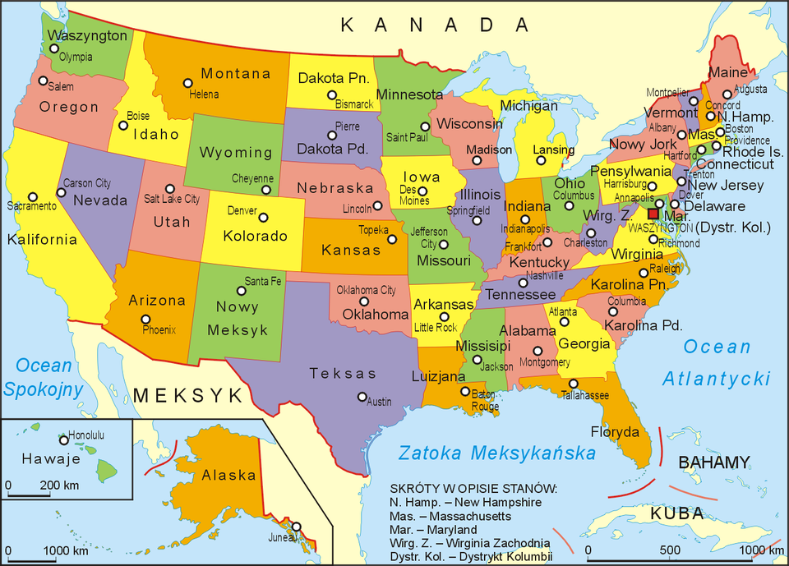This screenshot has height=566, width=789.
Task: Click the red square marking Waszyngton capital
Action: tap(653, 214)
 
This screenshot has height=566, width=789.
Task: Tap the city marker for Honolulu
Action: tap(63, 440)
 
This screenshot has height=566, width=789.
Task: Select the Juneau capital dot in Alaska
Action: tap(296, 527)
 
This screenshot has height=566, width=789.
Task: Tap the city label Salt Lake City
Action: tap(172, 199)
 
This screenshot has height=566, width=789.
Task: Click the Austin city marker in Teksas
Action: tap(362, 397)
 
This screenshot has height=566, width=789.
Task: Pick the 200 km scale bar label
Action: tap(59, 485)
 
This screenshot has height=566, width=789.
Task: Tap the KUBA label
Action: tap(677, 514)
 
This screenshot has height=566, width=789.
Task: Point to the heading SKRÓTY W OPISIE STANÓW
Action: tap(473, 489)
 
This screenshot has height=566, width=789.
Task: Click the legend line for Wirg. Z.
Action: tap(470, 543)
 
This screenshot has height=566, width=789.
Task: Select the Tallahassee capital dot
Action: tap(573, 384)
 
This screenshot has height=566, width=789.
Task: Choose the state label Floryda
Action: tap(615, 432)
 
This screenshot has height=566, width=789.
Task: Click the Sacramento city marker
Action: tap(33, 197)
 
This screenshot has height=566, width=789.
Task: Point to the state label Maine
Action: tap(728, 73)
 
